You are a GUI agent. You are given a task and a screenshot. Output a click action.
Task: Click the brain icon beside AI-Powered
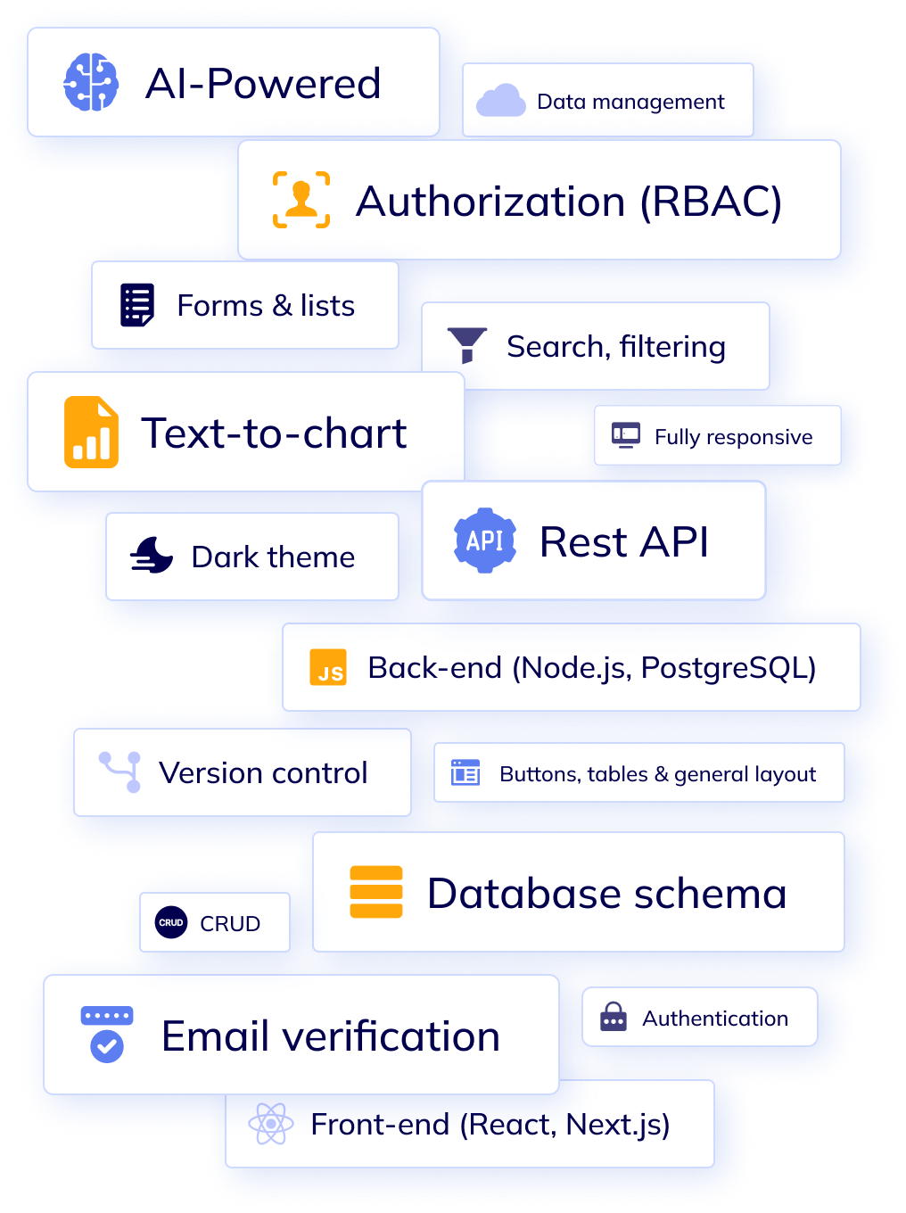(x=91, y=83)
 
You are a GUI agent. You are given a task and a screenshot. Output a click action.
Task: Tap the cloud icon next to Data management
(x=500, y=101)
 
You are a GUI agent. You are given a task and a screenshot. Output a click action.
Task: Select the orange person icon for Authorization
(x=301, y=200)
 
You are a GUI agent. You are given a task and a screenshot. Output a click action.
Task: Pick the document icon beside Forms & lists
(x=137, y=305)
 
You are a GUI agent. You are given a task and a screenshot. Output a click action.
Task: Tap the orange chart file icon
(x=91, y=433)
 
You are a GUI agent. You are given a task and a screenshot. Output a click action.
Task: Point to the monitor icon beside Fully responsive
(x=626, y=435)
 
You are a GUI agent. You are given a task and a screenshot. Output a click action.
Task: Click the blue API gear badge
(x=485, y=540)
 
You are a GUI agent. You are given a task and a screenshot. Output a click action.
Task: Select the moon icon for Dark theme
(x=152, y=556)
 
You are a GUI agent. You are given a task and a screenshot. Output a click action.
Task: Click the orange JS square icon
(x=328, y=667)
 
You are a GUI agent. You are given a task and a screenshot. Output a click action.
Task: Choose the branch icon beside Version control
(x=121, y=772)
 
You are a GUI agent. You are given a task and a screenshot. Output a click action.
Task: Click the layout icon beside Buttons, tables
(x=465, y=772)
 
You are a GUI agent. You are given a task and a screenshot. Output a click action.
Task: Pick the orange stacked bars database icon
(x=376, y=892)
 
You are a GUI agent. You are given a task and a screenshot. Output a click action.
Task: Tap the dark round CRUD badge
(x=171, y=922)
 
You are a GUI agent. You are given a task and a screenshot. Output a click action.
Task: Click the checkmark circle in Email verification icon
(x=107, y=1045)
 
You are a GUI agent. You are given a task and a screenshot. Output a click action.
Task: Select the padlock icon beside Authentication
(x=614, y=1017)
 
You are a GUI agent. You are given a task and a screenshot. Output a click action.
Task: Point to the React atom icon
(x=271, y=1124)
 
